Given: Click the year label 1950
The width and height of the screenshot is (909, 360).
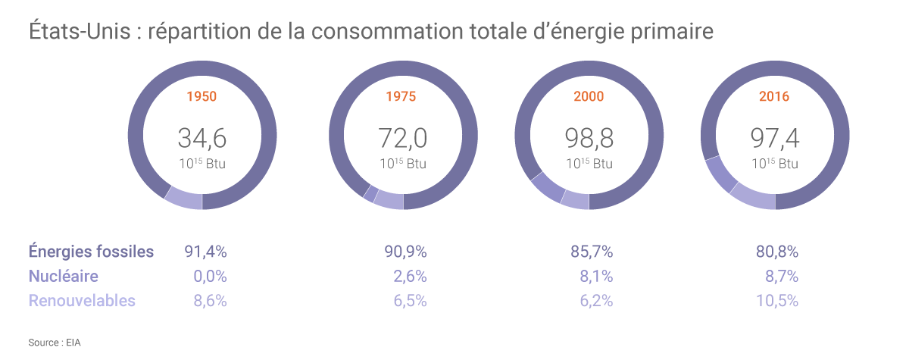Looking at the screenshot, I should coord(201,97).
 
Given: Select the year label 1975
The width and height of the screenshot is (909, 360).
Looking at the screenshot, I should coord(401,97).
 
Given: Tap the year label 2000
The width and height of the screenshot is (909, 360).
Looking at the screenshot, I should coord(589,97).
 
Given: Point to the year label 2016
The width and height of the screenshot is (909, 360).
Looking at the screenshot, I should coord(774,97).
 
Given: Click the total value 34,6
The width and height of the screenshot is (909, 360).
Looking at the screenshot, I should coord(202,138).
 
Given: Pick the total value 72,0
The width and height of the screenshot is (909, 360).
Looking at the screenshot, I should coord(402,138).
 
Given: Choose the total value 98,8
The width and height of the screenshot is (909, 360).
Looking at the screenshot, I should coord(589,138).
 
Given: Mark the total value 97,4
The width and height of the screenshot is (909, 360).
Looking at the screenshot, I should coord(774,138).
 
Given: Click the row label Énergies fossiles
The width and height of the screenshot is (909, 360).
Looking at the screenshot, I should coord(92,252).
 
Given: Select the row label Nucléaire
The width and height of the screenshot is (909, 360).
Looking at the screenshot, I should coord(64,277).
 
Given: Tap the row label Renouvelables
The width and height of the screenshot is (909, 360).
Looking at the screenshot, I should coord(82,301).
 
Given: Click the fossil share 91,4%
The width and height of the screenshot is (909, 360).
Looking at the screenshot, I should coord(206,252).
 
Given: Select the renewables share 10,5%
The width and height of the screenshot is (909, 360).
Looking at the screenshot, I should coord(777,301).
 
